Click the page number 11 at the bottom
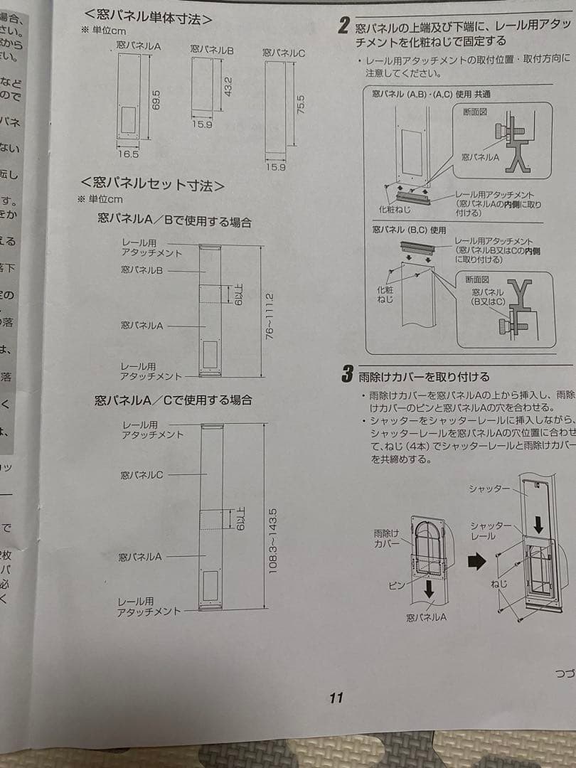point(336,698)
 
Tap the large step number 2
point(343,28)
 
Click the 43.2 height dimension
point(228,85)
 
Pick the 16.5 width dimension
point(128,153)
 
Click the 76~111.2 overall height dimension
point(269,316)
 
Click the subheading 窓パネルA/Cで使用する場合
point(174,400)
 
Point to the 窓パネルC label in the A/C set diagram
point(142,474)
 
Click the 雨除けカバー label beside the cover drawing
point(387,538)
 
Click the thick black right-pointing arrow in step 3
point(476,560)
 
